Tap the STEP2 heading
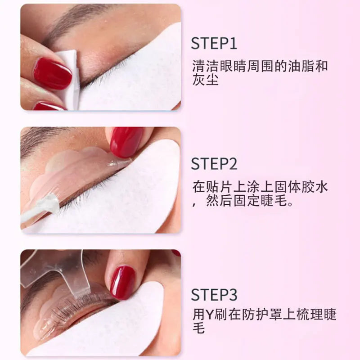[214, 164]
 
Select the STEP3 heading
[214, 295]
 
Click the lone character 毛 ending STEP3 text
[198, 328]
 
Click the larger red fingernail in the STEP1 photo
[52, 73]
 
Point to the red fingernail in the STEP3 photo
[122, 282]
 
